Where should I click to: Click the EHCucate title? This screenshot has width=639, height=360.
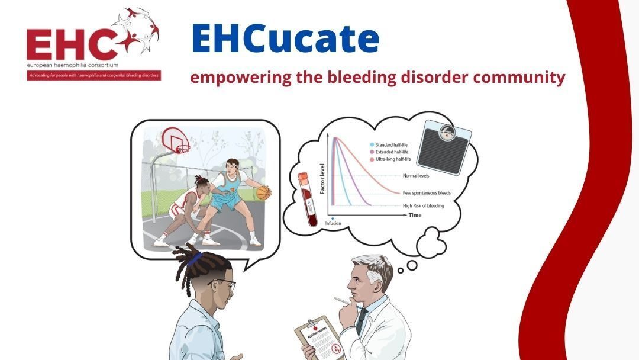tap(285, 39)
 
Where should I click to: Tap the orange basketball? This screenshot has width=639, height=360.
tap(263, 192)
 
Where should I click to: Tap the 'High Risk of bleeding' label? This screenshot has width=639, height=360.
tap(427, 205)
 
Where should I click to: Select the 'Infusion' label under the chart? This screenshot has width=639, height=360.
tap(333, 224)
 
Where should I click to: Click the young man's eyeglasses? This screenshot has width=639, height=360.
tap(224, 285)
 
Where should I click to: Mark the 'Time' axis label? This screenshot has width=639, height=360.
tap(415, 216)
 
